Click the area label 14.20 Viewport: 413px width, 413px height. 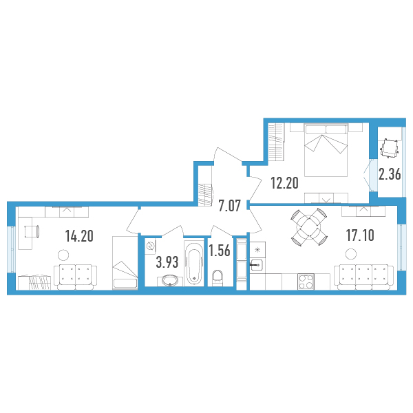point(79,236)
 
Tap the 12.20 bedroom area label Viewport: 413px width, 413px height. point(284,183)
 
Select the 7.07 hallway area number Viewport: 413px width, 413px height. point(230,206)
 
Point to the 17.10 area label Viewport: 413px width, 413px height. point(360,235)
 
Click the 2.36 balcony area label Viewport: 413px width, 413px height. point(390,174)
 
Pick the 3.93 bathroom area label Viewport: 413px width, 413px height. point(167,262)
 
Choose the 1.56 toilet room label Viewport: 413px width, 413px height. point(220,251)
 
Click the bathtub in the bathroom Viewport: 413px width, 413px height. point(194,263)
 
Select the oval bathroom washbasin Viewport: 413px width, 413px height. point(170,281)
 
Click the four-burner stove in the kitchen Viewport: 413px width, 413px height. point(306,282)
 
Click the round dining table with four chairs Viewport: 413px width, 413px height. point(309,227)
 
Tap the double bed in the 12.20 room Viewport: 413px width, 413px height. point(326,149)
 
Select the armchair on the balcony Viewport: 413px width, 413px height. point(390,149)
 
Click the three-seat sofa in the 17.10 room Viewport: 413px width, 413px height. point(363,277)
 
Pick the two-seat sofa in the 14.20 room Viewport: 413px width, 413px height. point(75,277)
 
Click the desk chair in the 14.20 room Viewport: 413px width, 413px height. point(32,232)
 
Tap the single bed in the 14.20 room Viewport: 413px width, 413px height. point(125,263)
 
